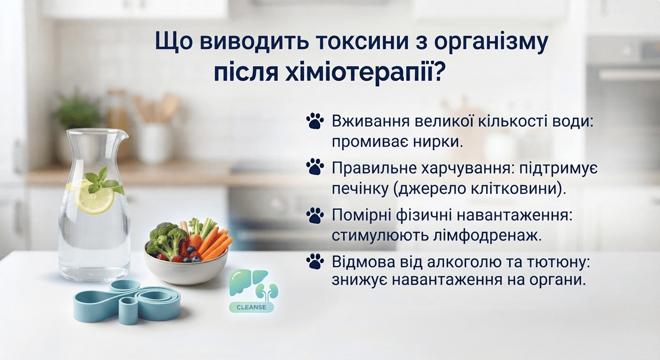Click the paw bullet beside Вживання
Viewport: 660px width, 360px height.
[x=315, y=121]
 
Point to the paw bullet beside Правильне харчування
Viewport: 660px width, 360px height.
[x=315, y=167]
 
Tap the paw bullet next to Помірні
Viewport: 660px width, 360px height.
[x=315, y=215]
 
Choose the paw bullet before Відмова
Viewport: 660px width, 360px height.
[x=315, y=261]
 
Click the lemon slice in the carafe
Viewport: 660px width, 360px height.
[x=94, y=197]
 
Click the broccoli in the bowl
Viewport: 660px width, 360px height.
[x=166, y=239]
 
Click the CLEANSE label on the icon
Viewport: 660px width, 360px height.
[x=251, y=307]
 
